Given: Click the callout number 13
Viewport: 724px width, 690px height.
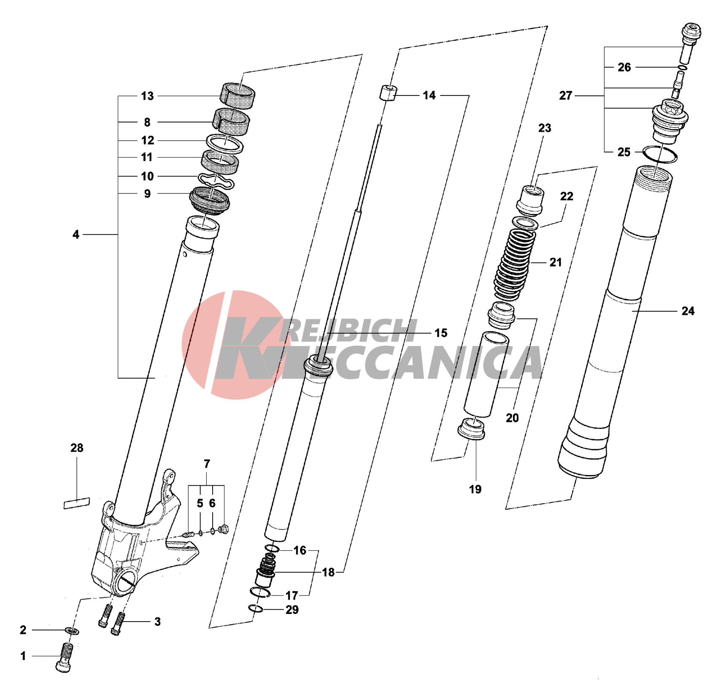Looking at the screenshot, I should coord(147,96).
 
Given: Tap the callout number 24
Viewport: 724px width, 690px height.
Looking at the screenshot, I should coord(688,311).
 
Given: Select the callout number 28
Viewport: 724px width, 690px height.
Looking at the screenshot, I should coord(77,448).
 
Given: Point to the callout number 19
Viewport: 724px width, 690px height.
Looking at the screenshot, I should coord(475,489).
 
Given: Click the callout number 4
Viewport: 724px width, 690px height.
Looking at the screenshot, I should coord(76,234).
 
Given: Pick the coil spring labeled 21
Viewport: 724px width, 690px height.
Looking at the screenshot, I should coord(515,264).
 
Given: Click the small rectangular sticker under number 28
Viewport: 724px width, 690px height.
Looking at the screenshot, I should coord(76,503).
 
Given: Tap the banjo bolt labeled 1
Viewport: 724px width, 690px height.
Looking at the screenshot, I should coord(65,657).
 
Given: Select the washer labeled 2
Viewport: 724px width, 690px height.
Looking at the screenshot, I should coord(72,631).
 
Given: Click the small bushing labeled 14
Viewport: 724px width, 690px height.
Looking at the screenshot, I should coord(388,93).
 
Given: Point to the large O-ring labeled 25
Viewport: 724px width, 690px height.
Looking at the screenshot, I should coord(659,154).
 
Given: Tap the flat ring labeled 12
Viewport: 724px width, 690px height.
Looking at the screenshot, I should coord(224,144).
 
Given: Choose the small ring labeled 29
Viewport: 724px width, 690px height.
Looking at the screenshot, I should coord(256,609).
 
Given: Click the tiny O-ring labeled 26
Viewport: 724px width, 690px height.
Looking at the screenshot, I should coord(683,68).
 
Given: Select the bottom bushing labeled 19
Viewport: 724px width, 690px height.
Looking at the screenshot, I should coord(471,429).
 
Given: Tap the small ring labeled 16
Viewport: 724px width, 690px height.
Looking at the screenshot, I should coord(272,549).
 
